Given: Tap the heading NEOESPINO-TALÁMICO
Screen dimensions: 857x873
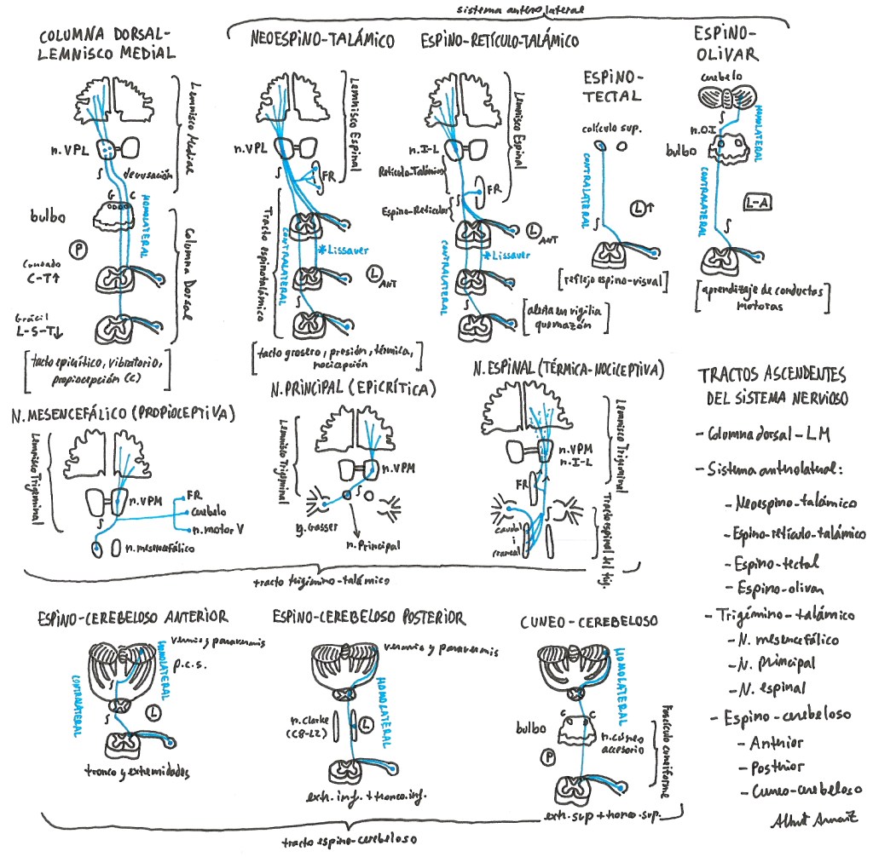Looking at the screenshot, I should (x=321, y=39).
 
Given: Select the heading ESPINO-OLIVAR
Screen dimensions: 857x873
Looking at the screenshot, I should (x=726, y=43).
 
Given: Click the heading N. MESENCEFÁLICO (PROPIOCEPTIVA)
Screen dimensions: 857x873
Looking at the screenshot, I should (x=124, y=414).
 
